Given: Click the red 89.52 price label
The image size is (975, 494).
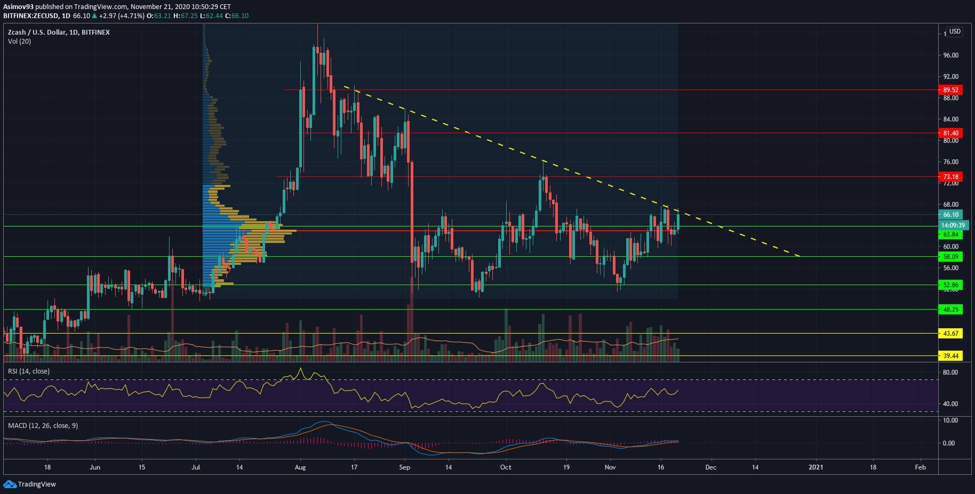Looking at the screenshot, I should (x=950, y=90).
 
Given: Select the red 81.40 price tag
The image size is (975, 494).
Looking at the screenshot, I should (x=950, y=133).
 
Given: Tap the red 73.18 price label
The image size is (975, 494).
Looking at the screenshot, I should (x=950, y=177).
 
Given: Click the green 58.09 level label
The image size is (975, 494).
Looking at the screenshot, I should (x=950, y=257).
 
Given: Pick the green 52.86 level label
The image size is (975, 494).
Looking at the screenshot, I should (x=950, y=285).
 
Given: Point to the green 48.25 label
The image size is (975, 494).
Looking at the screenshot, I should (x=950, y=310).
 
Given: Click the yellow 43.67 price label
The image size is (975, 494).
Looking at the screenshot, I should (x=950, y=334).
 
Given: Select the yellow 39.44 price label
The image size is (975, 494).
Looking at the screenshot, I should (x=950, y=356).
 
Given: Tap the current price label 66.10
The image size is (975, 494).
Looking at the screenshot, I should (x=950, y=215).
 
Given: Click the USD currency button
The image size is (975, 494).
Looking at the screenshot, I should (x=954, y=31).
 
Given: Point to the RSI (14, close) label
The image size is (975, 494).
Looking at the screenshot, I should (x=28, y=371).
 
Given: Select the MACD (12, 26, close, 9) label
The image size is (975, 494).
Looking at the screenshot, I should (x=43, y=425).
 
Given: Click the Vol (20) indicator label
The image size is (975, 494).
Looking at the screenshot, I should (x=19, y=42).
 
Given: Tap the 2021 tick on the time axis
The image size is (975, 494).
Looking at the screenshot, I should (x=816, y=467).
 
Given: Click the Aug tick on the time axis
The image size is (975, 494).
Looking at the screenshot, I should (x=300, y=467).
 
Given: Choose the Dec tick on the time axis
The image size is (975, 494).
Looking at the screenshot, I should (x=710, y=467).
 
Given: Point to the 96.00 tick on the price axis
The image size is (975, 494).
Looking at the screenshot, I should (x=950, y=55).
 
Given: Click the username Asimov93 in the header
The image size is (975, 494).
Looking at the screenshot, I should (x=18, y=7).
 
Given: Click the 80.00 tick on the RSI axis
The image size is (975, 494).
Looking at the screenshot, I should (x=950, y=372).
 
